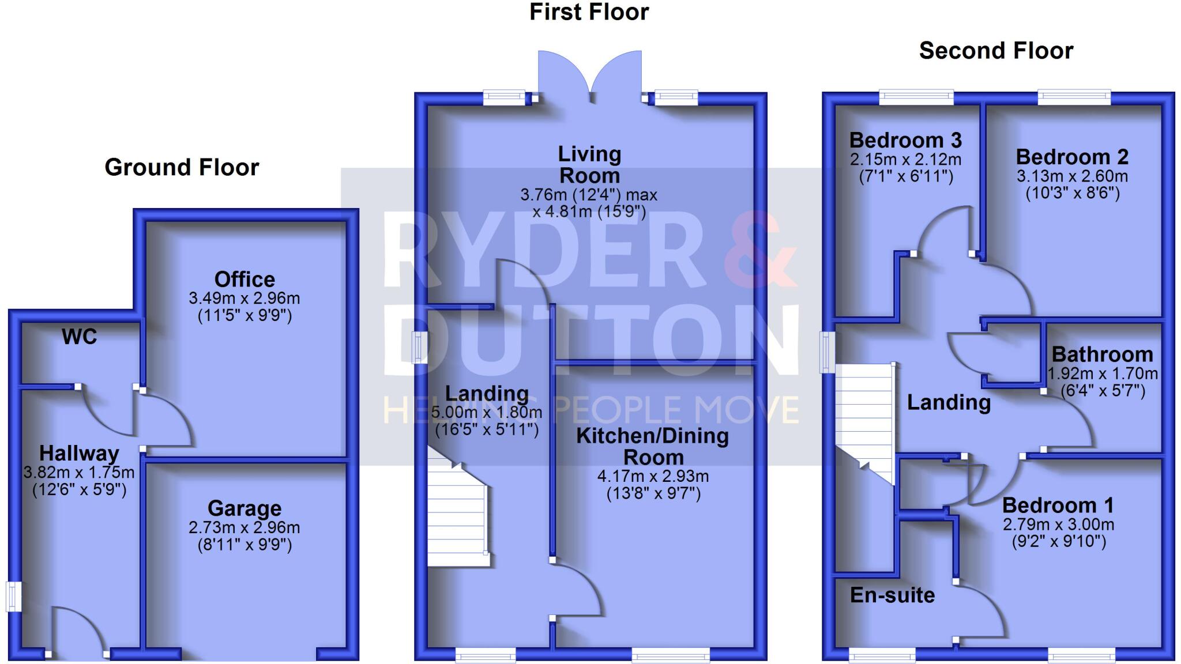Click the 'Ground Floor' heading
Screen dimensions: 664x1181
(x=182, y=167)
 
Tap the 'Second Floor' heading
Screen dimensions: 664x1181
(x=996, y=51)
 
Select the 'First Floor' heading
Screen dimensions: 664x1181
(x=589, y=12)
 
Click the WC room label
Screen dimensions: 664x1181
(x=80, y=337)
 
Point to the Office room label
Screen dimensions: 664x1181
(x=245, y=280)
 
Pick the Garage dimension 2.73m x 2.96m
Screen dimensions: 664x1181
(x=244, y=527)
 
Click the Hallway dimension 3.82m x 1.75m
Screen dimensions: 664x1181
(x=79, y=473)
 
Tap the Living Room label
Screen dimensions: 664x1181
(x=589, y=164)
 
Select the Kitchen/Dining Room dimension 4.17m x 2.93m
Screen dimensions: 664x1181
(x=653, y=477)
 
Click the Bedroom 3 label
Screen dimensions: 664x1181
(x=905, y=140)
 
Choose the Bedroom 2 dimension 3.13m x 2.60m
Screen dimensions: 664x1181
(x=1072, y=176)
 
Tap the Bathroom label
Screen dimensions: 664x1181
(x=1102, y=354)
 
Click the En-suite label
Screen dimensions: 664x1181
(x=892, y=595)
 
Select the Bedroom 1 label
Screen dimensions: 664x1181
(x=1058, y=505)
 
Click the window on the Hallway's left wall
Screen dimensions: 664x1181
(x=13, y=596)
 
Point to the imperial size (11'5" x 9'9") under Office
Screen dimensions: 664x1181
(x=245, y=315)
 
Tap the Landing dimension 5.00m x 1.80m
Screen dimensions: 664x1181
(x=487, y=412)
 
